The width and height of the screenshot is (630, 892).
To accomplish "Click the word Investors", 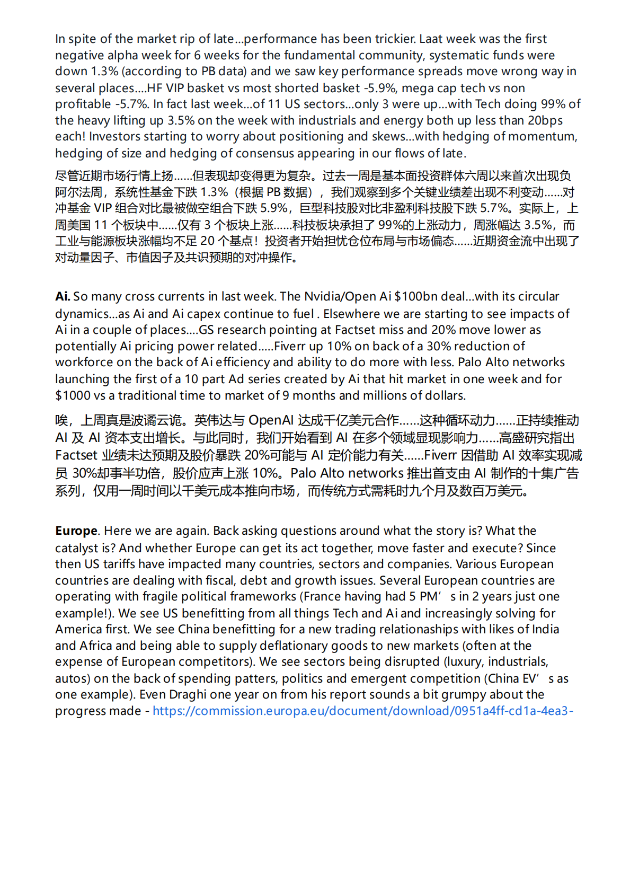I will click(113, 137).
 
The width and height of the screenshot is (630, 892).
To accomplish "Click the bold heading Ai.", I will click(62, 297).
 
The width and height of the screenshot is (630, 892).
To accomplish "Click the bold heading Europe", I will click(76, 531).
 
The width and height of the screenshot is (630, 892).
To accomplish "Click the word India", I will click(545, 630).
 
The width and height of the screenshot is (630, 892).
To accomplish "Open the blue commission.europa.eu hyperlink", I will click(362, 711).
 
